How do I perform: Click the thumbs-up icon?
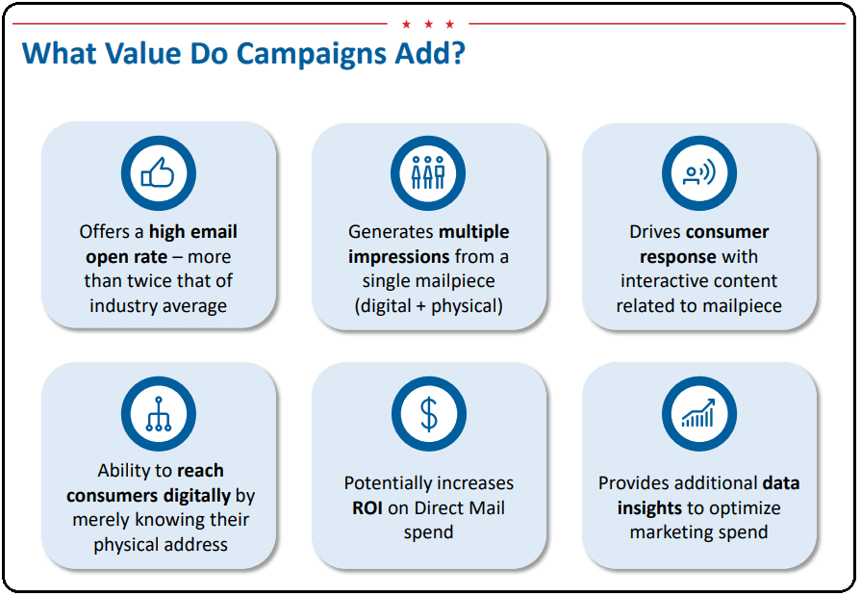[158, 173]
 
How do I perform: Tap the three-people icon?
[428, 172]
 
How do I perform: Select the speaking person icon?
[699, 172]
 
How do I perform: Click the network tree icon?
[158, 413]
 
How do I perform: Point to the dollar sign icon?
[428, 414]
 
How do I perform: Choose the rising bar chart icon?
[698, 413]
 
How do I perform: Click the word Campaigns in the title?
[312, 55]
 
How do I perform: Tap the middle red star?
[428, 24]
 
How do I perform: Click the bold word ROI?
[367, 508]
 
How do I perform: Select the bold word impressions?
[398, 257]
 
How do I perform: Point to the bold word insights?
[649, 508]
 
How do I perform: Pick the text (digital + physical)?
[428, 306]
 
